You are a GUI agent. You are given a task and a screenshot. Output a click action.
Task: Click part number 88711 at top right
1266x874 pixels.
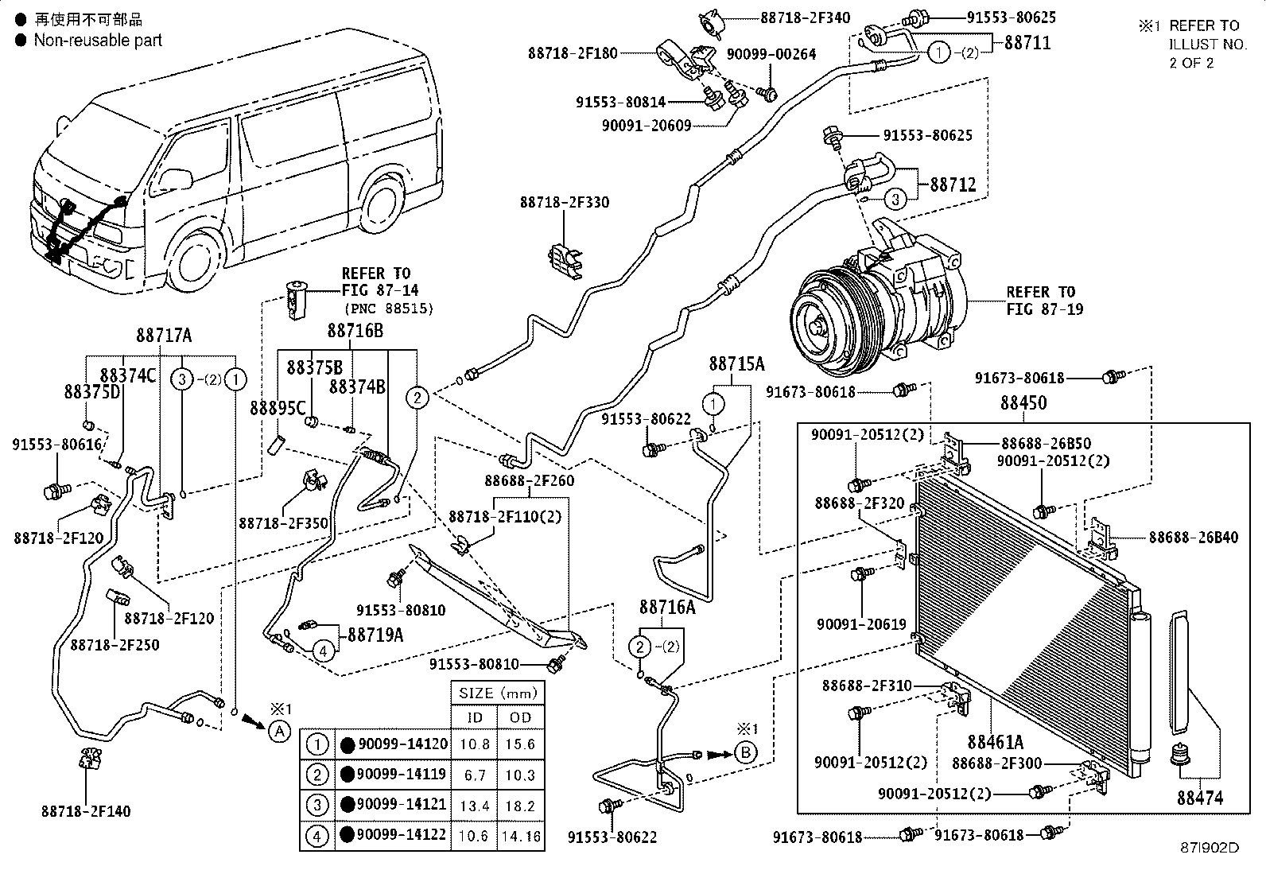click(1027, 42)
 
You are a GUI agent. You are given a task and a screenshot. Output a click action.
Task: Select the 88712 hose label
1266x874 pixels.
click(953, 185)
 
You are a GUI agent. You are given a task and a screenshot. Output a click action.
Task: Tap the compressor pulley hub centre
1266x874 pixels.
click(817, 328)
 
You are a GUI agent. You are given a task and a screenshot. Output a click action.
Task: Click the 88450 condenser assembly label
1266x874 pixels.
click(1023, 402)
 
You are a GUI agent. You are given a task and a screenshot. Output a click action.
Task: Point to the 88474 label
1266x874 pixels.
click(1201, 798)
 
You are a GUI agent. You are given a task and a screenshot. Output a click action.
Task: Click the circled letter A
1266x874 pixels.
click(279, 732)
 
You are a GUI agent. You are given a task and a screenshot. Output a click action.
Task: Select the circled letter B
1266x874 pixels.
click(745, 752)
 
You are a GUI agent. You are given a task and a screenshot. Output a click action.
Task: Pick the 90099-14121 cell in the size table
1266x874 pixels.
click(402, 804)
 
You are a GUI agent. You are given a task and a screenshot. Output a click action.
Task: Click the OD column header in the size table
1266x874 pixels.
click(521, 717)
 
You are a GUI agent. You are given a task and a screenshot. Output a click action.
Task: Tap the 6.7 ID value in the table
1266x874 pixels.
click(475, 775)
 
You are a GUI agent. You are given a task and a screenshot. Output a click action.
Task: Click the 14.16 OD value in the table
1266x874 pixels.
click(521, 836)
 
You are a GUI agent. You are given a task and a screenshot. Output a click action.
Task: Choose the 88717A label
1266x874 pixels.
click(164, 336)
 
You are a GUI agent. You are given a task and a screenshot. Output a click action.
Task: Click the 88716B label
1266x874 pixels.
click(355, 330)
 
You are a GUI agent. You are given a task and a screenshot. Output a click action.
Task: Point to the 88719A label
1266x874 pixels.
click(375, 635)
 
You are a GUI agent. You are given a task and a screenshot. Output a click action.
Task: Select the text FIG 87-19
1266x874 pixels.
click(1044, 309)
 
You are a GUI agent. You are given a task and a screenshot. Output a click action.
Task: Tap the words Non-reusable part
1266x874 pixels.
click(98, 40)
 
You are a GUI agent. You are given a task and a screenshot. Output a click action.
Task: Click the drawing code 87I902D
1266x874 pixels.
click(1210, 848)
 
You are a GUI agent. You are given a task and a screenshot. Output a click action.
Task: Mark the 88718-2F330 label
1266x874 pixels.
click(565, 202)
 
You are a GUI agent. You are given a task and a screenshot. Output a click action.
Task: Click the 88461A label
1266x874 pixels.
click(996, 741)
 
